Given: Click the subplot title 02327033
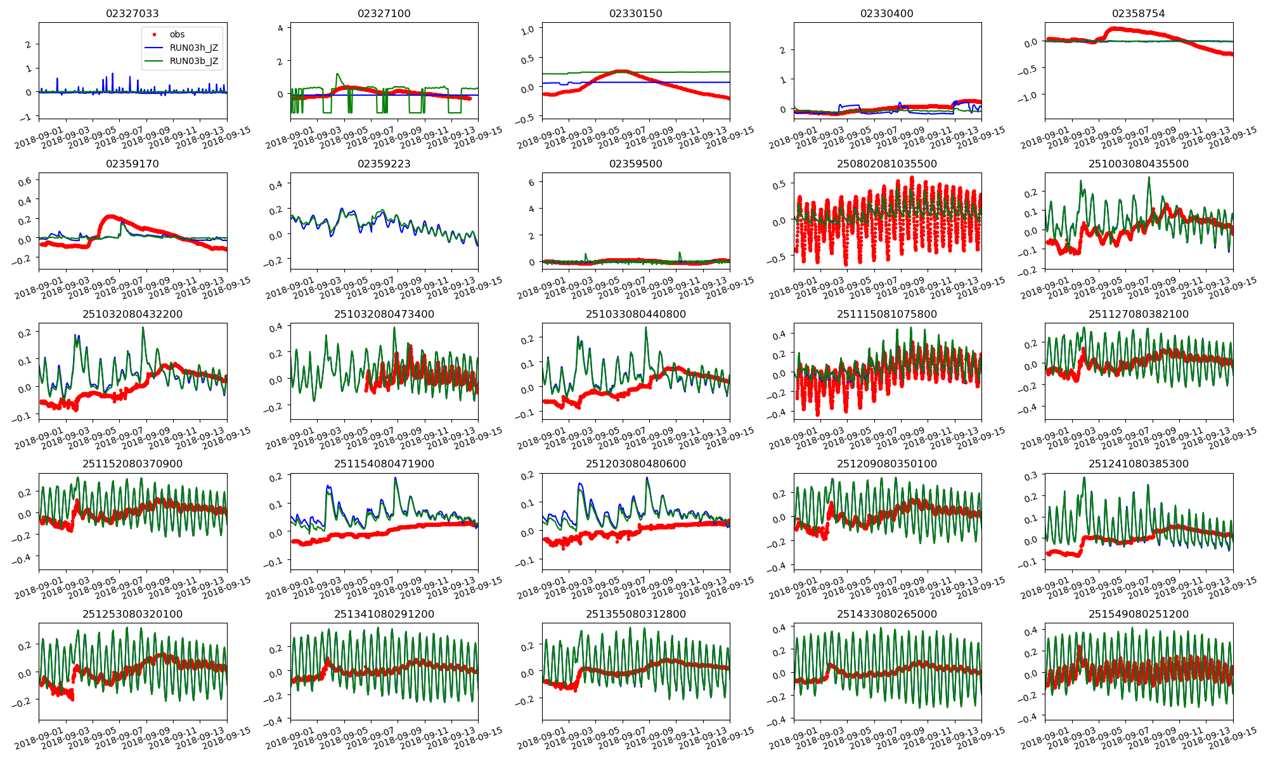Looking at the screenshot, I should (x=133, y=13).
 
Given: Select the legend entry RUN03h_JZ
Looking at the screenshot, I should (x=193, y=48).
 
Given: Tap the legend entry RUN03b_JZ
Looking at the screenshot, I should (x=193, y=61).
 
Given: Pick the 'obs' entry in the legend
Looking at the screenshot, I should (x=177, y=34).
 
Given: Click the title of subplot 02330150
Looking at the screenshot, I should (x=635, y=13).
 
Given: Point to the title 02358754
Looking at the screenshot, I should (x=1139, y=13).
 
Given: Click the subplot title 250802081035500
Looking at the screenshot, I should (x=887, y=164).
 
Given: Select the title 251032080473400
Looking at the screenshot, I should (x=384, y=314).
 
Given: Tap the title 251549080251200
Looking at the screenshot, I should (x=1139, y=614).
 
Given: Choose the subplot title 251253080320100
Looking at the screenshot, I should (x=133, y=614).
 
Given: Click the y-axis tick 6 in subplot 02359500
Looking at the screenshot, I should (x=531, y=182).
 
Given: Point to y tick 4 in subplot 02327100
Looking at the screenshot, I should (x=280, y=28).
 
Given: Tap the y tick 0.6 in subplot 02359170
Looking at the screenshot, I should (x=25, y=181).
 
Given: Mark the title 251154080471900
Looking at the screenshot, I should (x=384, y=464).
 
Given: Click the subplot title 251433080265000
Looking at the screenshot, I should (x=887, y=614).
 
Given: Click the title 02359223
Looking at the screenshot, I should (x=384, y=164).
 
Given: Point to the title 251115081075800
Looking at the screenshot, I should (x=887, y=314).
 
